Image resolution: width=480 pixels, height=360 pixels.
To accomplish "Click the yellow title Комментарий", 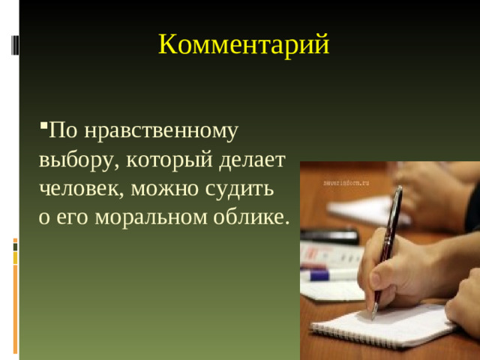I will (244, 45).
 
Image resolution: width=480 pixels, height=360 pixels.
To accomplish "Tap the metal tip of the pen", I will (373, 313).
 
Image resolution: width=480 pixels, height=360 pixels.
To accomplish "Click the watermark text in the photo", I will (346, 182).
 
